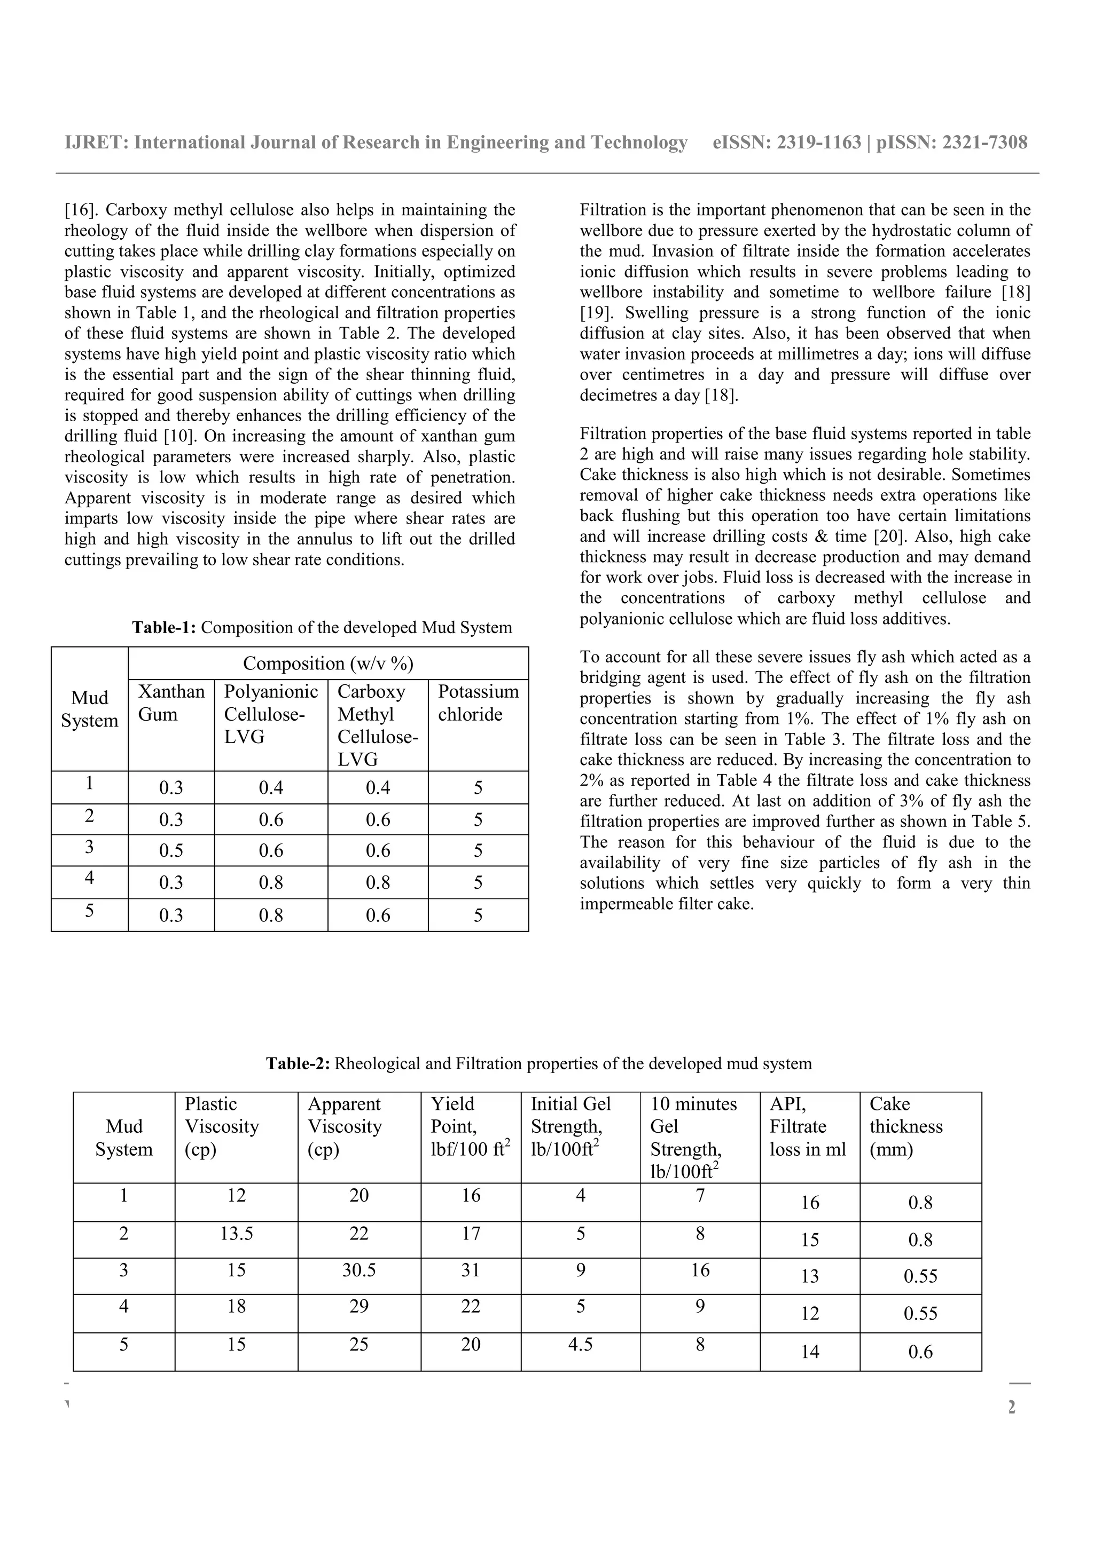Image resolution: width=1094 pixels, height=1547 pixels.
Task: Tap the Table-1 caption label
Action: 164,627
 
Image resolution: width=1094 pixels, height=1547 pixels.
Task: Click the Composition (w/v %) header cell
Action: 327,664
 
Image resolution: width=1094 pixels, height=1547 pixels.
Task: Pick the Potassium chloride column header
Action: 478,703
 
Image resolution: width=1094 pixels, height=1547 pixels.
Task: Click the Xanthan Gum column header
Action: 171,703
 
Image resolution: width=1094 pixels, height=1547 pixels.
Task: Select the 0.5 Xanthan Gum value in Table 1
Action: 171,851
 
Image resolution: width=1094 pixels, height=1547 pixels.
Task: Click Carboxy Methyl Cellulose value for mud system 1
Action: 378,788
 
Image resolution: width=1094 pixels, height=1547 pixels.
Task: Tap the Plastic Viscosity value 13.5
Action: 236,1233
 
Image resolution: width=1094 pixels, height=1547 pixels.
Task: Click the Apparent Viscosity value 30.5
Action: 358,1270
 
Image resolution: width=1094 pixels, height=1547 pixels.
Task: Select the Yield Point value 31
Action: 471,1270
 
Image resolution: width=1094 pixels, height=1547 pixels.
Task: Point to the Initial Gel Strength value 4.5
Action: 580,1344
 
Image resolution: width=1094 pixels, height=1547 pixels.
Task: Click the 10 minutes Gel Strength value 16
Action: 700,1270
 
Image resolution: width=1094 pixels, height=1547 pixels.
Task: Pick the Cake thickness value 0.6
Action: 920,1352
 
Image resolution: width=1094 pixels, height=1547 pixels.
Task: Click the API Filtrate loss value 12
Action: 809,1313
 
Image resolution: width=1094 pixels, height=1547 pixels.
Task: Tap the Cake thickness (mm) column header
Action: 905,1126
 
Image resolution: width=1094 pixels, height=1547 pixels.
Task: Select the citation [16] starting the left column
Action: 80,210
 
